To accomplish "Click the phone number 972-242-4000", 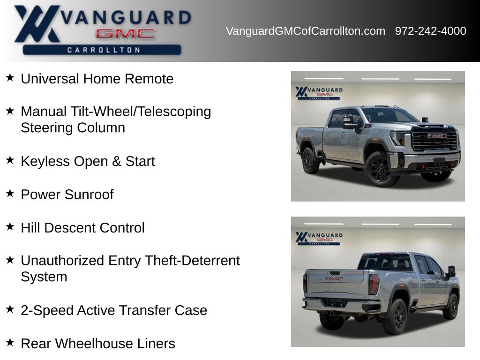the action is tap(430, 31).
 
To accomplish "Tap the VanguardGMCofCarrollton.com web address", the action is tap(306, 31).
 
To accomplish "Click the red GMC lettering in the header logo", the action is tap(125, 33).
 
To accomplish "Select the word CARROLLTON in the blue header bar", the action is tap(104, 50).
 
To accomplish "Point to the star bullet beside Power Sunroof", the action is tap(10, 193).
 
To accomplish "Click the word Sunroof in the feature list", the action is tap(89, 195).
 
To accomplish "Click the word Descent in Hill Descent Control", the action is tap(70, 228).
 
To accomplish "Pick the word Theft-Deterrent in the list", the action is tap(192, 261).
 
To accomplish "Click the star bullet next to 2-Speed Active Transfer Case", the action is tap(10, 309).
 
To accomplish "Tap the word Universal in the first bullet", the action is tap(50, 79).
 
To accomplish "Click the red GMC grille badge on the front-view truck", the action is tap(437, 136).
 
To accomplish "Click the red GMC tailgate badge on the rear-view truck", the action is tap(335, 278).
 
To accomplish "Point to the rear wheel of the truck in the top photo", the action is tap(310, 160).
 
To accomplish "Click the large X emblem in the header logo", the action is tap(36, 23).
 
